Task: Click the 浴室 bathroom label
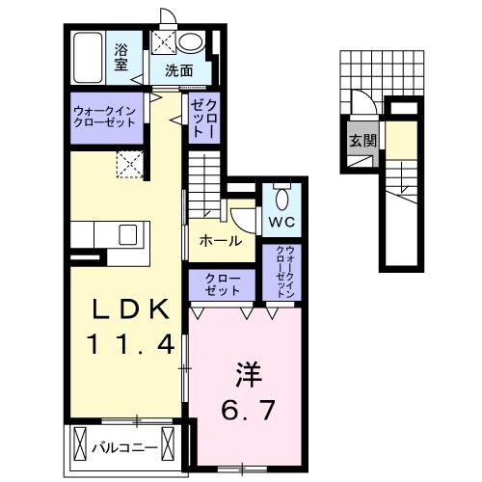[x=121, y=57]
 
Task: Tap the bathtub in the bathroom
[x=90, y=58]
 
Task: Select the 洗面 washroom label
[x=177, y=69]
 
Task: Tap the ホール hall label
[x=221, y=241]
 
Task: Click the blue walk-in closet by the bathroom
[x=107, y=119]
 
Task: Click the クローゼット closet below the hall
[x=223, y=283]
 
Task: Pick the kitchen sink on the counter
[x=127, y=234]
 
